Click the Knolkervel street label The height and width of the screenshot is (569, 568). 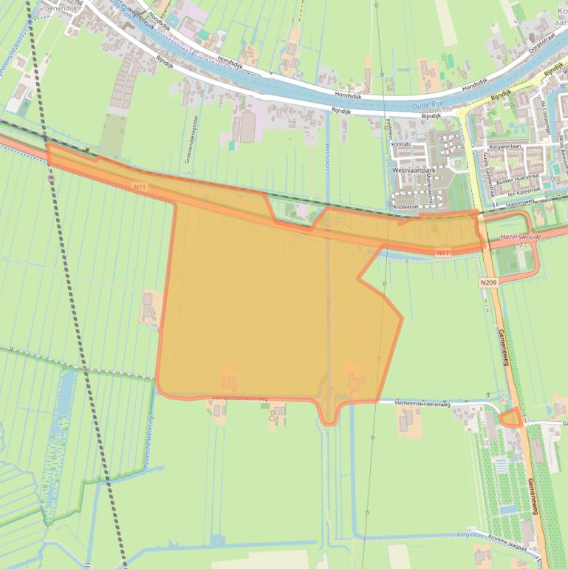coord(406,208)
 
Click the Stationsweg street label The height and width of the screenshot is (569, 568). coord(519,202)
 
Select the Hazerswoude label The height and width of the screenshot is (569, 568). coord(520,237)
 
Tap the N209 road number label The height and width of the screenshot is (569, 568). coord(487,282)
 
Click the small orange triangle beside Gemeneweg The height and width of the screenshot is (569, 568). coord(510,418)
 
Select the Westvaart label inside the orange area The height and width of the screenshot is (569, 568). coord(326,314)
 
